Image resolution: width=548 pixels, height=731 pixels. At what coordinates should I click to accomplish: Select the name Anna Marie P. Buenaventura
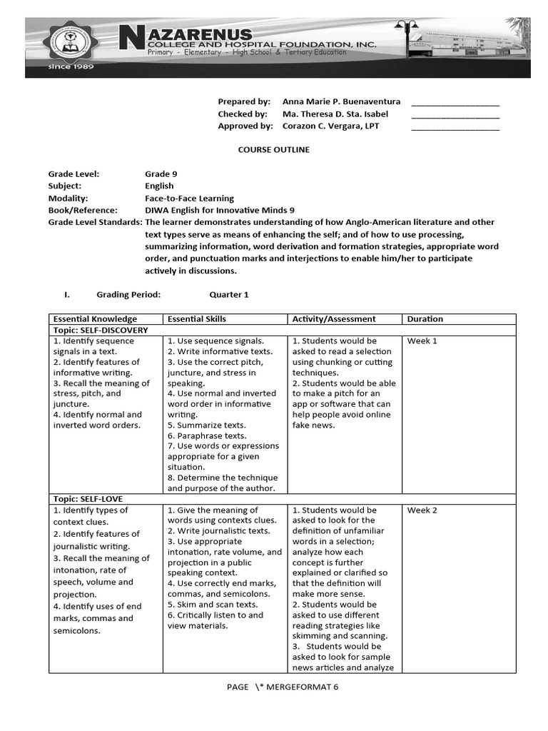[x=341, y=102]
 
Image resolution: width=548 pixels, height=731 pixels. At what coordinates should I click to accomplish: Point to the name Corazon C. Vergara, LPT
[x=331, y=126]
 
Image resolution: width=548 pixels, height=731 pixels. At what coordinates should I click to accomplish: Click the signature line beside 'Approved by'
[x=455, y=128]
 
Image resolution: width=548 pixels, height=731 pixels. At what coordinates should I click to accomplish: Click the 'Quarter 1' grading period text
[x=229, y=295]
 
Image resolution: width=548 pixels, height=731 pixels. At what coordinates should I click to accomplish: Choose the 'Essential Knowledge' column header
[x=96, y=319]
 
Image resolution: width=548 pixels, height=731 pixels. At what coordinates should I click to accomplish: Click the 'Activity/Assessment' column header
[x=334, y=319]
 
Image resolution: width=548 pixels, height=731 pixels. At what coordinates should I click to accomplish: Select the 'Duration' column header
[x=425, y=319]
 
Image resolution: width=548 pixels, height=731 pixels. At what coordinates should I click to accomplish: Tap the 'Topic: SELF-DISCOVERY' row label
[x=101, y=331]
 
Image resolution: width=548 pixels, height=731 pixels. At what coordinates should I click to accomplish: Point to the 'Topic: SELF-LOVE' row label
[x=88, y=499]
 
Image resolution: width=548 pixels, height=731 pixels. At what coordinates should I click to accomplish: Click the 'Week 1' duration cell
[x=422, y=341]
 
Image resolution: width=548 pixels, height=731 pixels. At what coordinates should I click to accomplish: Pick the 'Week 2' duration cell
[x=422, y=510]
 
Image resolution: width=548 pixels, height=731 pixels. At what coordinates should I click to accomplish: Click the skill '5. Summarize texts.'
[x=206, y=425]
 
